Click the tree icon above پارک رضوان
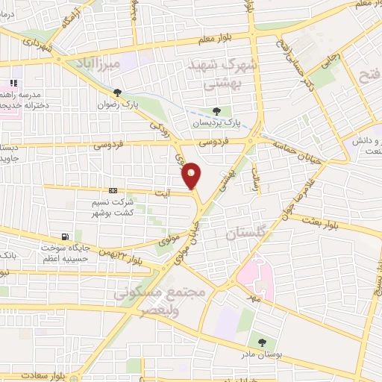click(x=118, y=92)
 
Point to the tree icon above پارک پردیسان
click(x=216, y=111)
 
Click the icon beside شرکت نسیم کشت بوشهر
click(x=113, y=190)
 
